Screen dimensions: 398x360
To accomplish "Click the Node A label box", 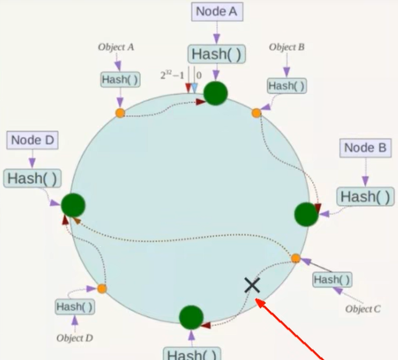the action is click(217, 12).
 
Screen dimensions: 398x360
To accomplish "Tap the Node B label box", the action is click(365, 148).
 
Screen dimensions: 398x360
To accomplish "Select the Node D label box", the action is click(32, 140).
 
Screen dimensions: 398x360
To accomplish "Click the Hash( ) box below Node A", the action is click(217, 54).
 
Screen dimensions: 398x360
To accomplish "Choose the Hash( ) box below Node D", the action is click(32, 178).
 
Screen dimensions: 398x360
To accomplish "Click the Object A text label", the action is click(116, 47).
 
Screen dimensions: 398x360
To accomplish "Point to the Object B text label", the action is click(287, 47).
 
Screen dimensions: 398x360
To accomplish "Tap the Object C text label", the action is click(363, 309).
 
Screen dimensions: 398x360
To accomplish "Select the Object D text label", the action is click(75, 338).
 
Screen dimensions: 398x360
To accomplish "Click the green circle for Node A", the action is click(215, 92).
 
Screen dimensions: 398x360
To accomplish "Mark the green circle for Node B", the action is click(306, 214).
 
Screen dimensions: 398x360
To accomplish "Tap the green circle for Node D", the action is click(73, 206).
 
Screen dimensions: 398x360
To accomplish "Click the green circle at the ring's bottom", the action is click(191, 318).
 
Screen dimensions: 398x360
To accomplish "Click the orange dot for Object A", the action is click(120, 113).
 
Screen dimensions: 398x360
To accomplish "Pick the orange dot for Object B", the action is click(256, 113).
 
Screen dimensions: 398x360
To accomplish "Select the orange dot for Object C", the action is click(296, 259).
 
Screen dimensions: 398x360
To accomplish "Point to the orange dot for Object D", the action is click(102, 289).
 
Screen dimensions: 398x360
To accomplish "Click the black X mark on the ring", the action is click(252, 285).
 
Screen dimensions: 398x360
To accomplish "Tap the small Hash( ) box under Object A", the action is click(120, 79).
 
